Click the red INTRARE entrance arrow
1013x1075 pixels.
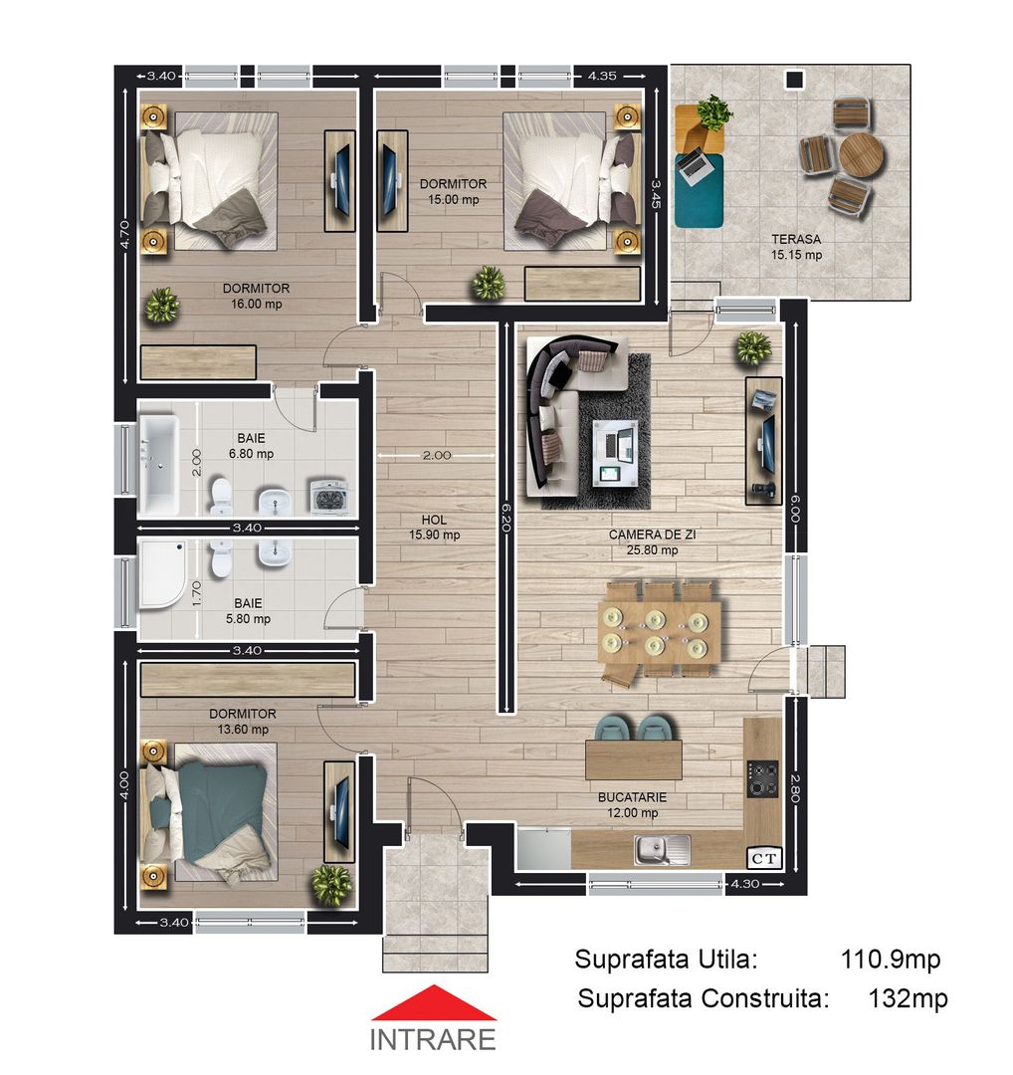tap(434, 1002)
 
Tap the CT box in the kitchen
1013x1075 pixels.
tap(763, 856)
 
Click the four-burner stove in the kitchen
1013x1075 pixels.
tap(763, 778)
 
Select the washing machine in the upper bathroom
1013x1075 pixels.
tap(329, 495)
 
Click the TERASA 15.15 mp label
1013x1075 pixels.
tap(796, 247)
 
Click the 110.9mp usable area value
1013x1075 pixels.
tap(890, 960)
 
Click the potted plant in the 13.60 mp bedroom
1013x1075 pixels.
tap(330, 884)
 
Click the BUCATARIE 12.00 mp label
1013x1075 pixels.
tap(632, 805)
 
